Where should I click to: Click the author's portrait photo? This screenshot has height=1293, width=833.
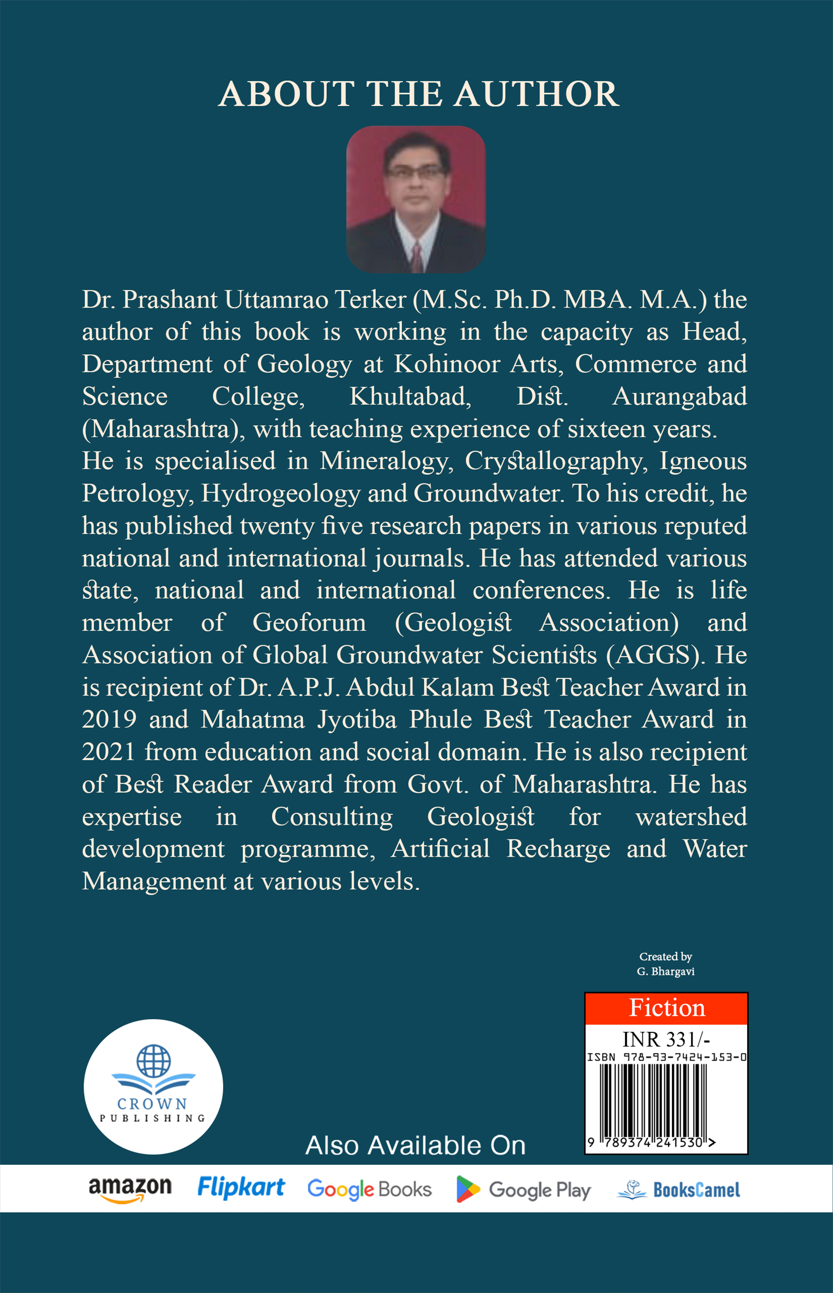(415, 199)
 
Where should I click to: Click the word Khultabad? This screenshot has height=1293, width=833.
(410, 397)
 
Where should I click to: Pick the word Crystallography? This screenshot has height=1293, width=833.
(556, 461)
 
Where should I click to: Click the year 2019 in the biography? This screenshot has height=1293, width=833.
(109, 720)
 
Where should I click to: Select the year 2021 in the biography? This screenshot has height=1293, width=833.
(108, 752)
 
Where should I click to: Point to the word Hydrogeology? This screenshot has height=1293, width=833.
(280, 494)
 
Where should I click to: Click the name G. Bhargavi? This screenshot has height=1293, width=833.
(666, 971)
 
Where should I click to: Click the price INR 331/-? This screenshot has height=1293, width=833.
(666, 1039)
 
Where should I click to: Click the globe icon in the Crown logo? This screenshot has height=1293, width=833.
(154, 1061)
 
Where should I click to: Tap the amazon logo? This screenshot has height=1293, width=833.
(130, 1189)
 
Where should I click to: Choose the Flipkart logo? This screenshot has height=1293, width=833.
(241, 1187)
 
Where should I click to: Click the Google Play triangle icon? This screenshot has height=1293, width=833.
(467, 1189)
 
